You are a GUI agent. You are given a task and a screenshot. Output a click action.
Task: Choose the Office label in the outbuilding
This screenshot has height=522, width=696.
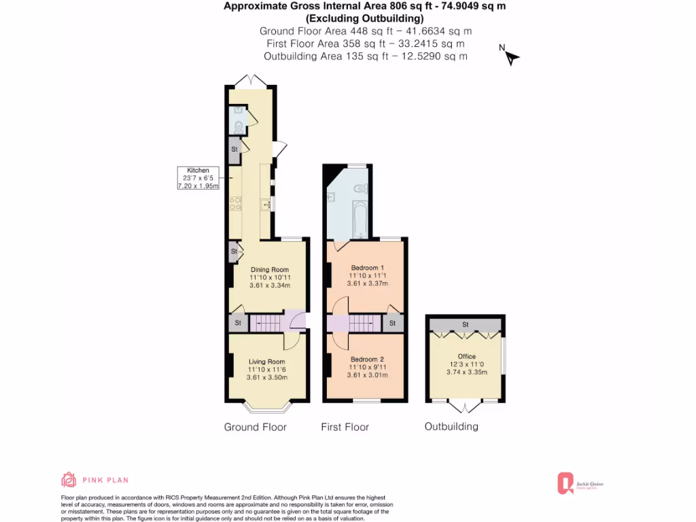(x=466, y=356)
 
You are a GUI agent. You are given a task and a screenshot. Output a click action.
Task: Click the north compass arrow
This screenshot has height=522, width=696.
(x=511, y=57)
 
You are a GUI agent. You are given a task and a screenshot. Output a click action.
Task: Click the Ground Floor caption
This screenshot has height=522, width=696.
(x=255, y=427)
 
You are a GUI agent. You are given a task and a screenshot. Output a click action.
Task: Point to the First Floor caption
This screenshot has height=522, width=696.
(x=345, y=427)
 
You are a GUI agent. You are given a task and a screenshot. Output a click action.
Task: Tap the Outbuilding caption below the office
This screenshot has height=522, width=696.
(x=451, y=426)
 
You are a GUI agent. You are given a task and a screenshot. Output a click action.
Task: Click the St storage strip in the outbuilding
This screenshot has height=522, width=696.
(x=465, y=324)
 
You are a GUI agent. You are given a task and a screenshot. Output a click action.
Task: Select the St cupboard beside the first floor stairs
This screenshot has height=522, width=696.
(x=392, y=323)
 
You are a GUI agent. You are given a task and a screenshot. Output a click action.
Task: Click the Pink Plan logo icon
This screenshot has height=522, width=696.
(x=69, y=480)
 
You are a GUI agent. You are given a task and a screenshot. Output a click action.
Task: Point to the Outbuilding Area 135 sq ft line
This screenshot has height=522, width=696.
(x=366, y=56)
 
